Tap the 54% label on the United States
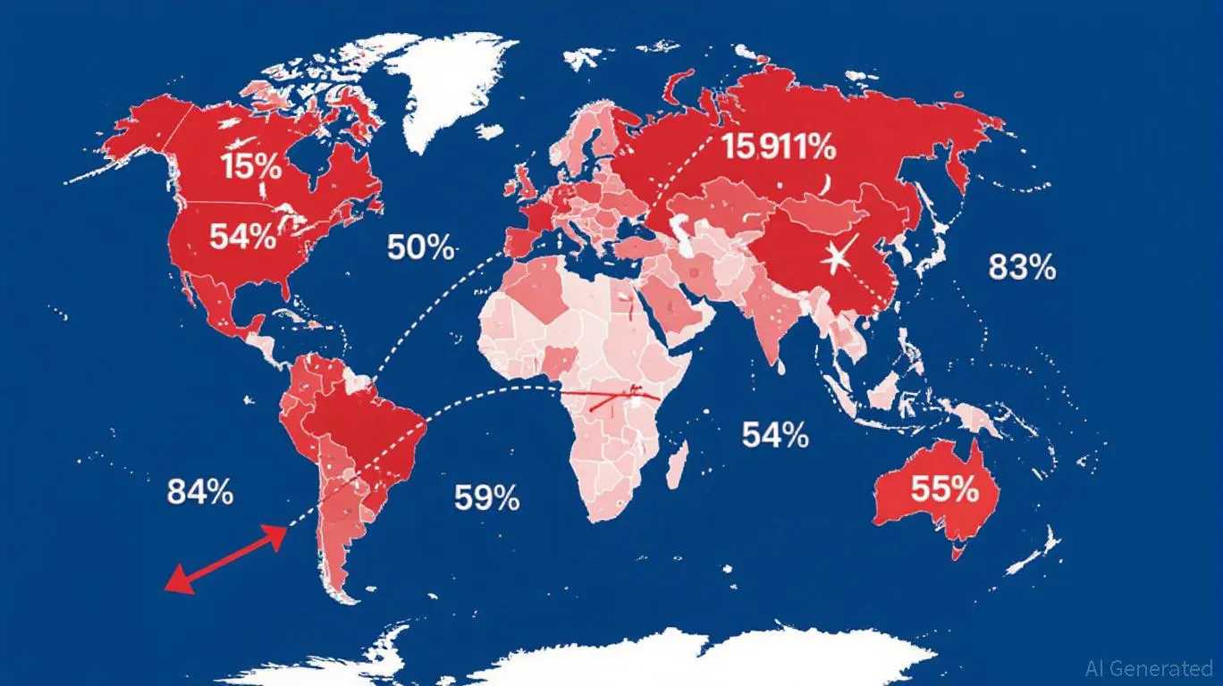242,237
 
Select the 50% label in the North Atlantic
421,247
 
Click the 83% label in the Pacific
1023,266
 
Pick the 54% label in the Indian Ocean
775,435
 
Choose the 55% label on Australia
944,489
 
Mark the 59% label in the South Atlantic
486,498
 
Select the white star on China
838,258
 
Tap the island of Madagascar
679,464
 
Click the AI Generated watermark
1148,667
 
